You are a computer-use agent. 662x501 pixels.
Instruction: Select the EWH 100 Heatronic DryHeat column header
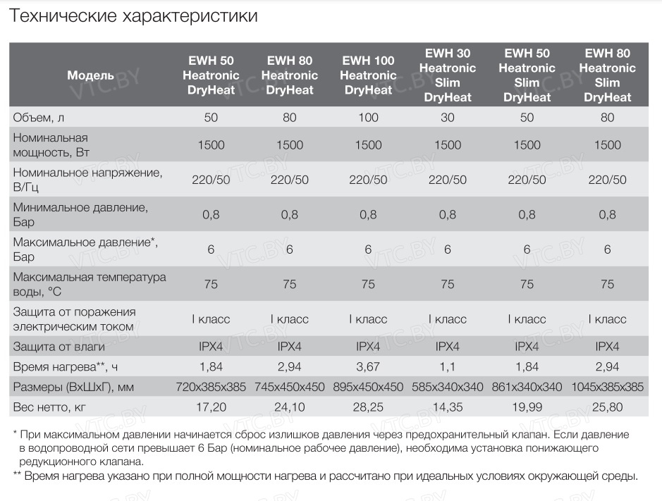368,75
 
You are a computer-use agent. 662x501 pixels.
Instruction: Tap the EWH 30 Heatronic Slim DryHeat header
448,75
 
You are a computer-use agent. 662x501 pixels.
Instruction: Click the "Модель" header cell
90,75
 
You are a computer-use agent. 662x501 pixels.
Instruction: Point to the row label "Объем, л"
42,118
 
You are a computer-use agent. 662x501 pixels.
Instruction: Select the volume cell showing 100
368,118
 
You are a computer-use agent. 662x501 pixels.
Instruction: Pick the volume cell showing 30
448,118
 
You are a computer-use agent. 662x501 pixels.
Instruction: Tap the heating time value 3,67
368,366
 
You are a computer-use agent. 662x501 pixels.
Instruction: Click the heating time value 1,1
448,366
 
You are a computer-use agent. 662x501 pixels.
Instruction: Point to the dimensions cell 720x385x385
211,387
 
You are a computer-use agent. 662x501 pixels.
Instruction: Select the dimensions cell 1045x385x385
607,387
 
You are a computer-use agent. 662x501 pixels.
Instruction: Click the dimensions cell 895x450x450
368,387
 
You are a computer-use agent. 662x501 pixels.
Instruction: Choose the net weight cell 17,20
211,407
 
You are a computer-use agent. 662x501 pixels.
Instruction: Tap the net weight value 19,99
527,407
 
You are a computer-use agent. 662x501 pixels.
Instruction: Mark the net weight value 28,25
368,407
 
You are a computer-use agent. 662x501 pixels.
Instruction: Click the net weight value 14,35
448,407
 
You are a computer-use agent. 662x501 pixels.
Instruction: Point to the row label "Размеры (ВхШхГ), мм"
73,387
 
